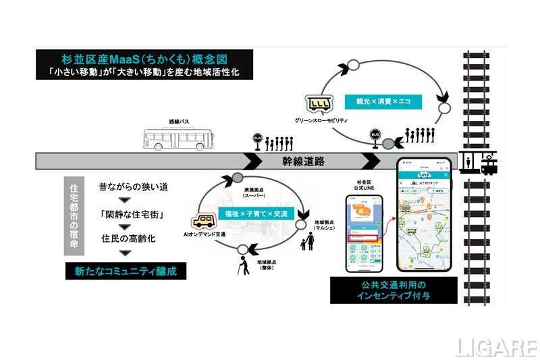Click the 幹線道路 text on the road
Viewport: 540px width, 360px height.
304,161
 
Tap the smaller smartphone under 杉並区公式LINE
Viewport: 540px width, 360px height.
364,234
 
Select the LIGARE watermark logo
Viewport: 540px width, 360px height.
495,346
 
